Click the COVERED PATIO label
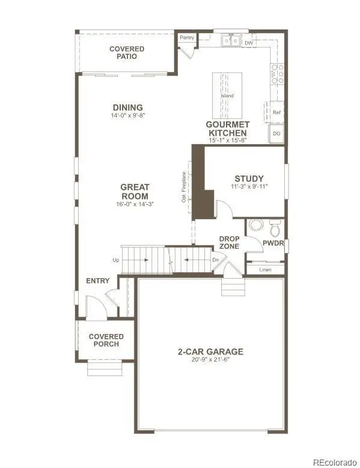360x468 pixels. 127,52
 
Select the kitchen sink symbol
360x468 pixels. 231,40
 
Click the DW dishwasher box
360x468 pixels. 248,43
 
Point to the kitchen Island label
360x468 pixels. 227,96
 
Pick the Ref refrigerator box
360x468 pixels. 276,112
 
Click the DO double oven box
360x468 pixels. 276,133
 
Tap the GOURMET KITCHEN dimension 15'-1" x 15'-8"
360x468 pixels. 228,140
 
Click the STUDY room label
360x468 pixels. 249,178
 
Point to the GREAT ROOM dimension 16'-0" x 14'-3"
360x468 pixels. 135,204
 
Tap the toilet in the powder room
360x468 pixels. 275,228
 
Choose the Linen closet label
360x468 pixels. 266,270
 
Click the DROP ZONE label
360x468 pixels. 230,242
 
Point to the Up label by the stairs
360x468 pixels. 115,260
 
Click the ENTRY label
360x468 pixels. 97,281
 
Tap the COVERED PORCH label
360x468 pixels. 106,340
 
